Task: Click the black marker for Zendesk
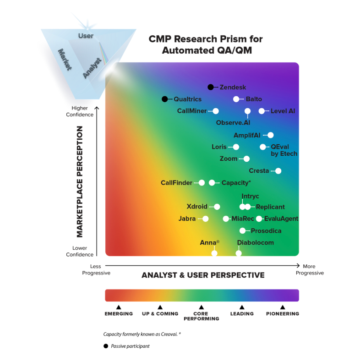[x=211, y=87]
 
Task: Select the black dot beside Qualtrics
[x=164, y=99]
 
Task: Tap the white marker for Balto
[x=236, y=99]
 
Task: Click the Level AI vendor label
[x=283, y=111]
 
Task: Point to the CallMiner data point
[x=216, y=111]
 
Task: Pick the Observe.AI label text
[x=233, y=122]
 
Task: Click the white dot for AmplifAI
[x=270, y=135]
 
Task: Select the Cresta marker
[x=278, y=171]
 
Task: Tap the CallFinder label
[x=176, y=183]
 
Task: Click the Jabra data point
[x=206, y=219]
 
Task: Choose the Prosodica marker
[x=243, y=230]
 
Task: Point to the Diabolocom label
[x=255, y=243]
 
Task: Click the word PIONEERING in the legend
[x=283, y=314]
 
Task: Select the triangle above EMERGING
[x=119, y=307]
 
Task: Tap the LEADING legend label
[x=242, y=314]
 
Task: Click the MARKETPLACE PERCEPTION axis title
[x=80, y=181]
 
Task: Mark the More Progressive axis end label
[x=309, y=269]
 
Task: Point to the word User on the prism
[x=86, y=36]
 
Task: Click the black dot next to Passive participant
[x=106, y=346]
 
